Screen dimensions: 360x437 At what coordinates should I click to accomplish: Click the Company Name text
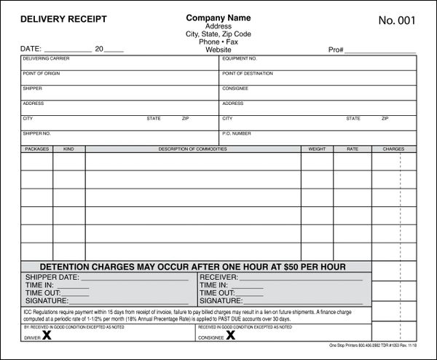pyautogui.click(x=218, y=17)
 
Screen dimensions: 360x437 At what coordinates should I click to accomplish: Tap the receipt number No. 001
pyautogui.click(x=397, y=20)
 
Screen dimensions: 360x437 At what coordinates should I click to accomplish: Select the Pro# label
pyautogui.click(x=336, y=51)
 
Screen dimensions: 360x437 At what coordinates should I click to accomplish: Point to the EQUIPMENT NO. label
pyautogui.click(x=240, y=58)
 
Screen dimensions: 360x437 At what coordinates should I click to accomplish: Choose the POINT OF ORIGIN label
pyautogui.click(x=39, y=73)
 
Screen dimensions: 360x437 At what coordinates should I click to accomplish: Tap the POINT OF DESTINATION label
pyautogui.click(x=247, y=73)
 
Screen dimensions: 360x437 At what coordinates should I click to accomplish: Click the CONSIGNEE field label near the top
pyautogui.click(x=235, y=88)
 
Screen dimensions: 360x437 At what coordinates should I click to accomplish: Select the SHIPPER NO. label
pyautogui.click(x=36, y=133)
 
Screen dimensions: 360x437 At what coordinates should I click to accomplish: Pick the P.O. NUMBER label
pyautogui.click(x=237, y=133)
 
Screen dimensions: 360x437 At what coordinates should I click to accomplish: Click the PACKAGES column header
pyautogui.click(x=36, y=149)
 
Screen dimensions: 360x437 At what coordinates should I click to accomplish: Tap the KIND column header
pyautogui.click(x=68, y=149)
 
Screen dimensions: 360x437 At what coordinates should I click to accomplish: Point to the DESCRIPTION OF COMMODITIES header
pyautogui.click(x=192, y=149)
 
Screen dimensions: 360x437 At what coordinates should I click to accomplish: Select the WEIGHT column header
pyautogui.click(x=317, y=149)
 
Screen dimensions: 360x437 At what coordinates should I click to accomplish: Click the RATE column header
pyautogui.click(x=353, y=149)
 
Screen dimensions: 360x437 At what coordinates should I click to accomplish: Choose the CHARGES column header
pyautogui.click(x=393, y=149)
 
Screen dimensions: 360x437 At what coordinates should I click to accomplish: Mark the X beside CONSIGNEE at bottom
pyautogui.click(x=230, y=336)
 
